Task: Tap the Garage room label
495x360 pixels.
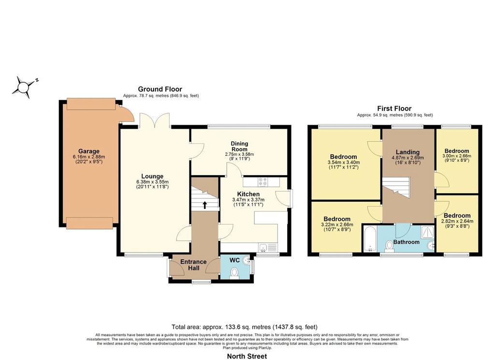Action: [x=89, y=151]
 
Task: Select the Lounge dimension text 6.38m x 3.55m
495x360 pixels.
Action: [x=152, y=182]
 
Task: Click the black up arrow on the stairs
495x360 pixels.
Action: [x=204, y=205]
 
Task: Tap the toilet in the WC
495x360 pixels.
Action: [x=234, y=272]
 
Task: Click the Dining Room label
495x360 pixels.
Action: [x=240, y=146]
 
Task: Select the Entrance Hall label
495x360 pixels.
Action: [x=193, y=265]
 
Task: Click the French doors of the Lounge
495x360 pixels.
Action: [x=155, y=120]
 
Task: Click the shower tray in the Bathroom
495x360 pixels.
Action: [x=428, y=233]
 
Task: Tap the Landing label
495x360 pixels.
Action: [x=408, y=152]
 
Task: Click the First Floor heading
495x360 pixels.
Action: [x=394, y=109]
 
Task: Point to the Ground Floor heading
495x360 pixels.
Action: [x=160, y=89]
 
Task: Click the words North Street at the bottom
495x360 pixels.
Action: [x=247, y=356]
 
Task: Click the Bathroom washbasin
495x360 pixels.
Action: [x=431, y=245]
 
